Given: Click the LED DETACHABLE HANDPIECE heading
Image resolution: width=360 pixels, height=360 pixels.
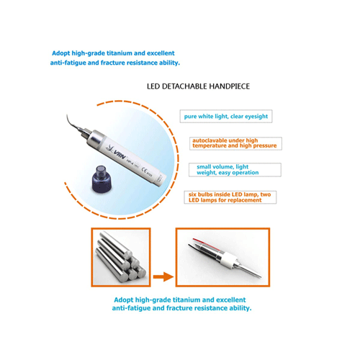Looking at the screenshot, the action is pos(198,86).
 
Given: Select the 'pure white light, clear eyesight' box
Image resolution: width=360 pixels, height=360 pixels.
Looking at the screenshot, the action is pos(226,117).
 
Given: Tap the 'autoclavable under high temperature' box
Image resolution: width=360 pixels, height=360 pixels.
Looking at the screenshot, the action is pos(235,143).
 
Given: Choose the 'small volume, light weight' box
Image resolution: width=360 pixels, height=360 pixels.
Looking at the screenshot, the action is pos(235,170).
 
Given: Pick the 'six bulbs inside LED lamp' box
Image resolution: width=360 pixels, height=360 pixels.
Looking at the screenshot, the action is pos(230,197).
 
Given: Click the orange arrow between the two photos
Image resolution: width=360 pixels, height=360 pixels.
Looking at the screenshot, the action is pos(163,276).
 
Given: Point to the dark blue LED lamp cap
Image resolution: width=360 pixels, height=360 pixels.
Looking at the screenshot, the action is pos(102,179).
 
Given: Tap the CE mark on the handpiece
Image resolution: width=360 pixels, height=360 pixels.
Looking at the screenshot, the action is pos(145,170).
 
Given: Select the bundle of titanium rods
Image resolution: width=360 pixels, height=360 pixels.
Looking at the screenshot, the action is pos(121,256).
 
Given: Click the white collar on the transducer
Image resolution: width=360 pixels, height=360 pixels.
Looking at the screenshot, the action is pos(228,260).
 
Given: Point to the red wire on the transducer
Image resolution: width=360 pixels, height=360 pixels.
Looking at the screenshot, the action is pos(206,244).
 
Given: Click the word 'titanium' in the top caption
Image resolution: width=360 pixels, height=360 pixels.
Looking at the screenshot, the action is pos(120,53).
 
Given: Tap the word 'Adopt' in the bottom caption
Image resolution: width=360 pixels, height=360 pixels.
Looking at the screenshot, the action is pos(124,300).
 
